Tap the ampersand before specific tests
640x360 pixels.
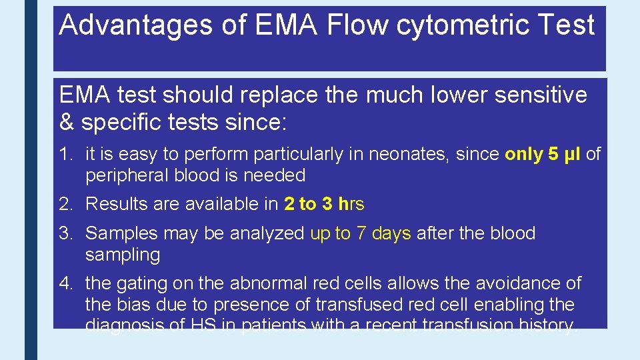67,123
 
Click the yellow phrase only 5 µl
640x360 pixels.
543,155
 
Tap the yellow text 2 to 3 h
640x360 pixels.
315,204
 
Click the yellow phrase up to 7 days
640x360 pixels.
361,233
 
